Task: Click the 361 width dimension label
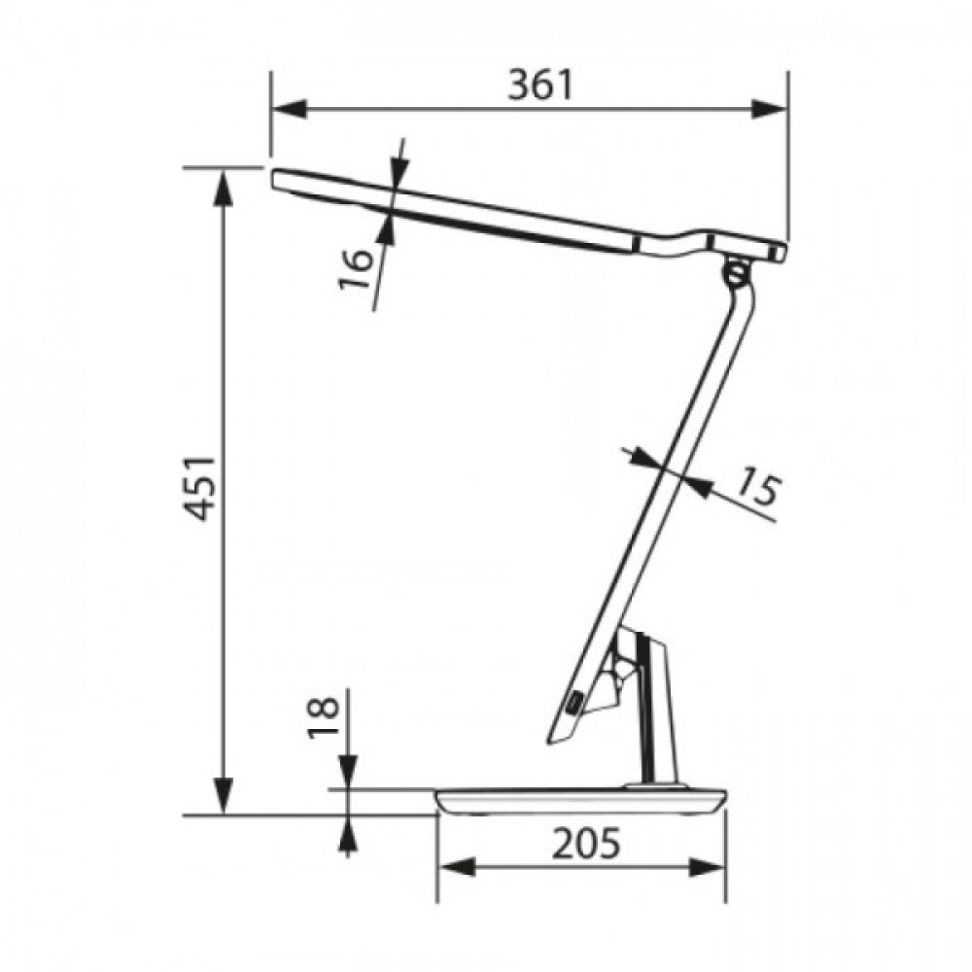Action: [539, 85]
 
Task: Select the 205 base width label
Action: [586, 843]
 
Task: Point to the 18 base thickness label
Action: [324, 718]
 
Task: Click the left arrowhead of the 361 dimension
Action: [290, 109]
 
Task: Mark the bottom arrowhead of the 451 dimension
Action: [224, 796]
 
